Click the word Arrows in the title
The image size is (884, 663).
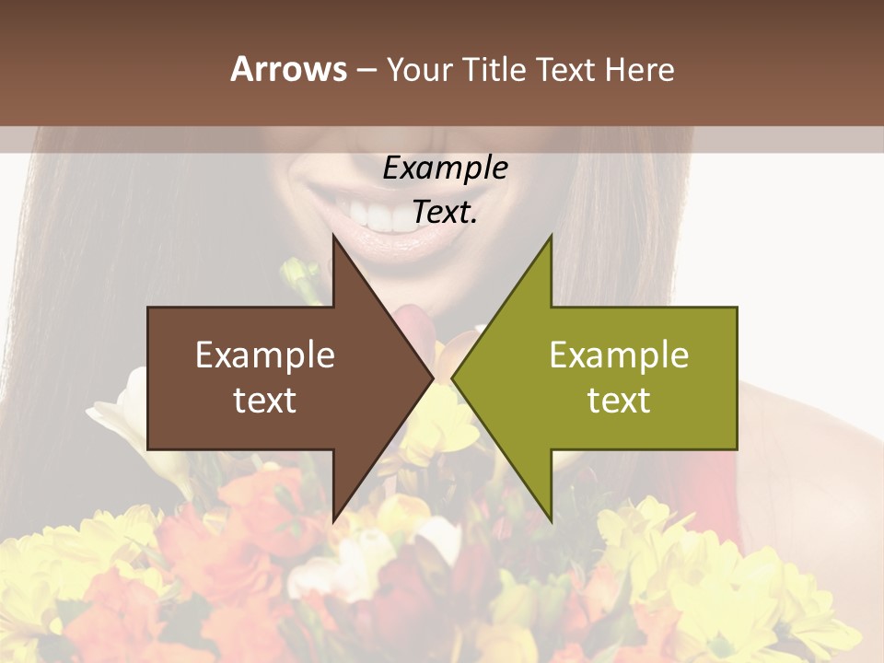pyautogui.click(x=288, y=69)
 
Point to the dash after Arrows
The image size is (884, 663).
pyautogui.click(x=366, y=71)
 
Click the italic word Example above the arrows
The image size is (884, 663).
pyautogui.click(x=445, y=169)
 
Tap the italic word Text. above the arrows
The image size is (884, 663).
pyautogui.click(x=445, y=213)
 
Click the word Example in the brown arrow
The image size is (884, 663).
pyautogui.click(x=264, y=356)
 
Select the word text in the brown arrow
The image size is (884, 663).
pyautogui.click(x=264, y=401)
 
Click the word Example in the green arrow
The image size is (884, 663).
pyautogui.click(x=619, y=356)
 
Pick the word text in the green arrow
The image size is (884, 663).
pyautogui.click(x=619, y=401)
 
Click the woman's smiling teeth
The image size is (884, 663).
pyautogui.click(x=387, y=215)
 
